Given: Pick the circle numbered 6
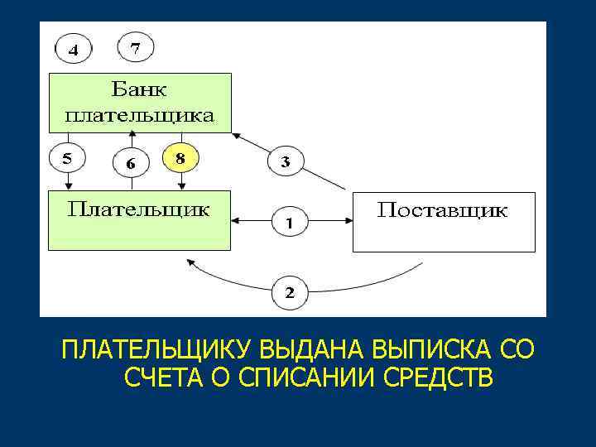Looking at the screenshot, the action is [130, 163].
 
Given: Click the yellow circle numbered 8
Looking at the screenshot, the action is [181, 156].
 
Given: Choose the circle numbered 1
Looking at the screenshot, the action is [289, 223].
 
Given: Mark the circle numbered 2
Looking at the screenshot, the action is [289, 292].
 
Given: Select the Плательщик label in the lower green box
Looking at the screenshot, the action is [138, 207].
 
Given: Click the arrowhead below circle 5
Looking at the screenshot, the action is [68, 185].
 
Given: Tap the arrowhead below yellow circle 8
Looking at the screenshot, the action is [181, 185].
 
